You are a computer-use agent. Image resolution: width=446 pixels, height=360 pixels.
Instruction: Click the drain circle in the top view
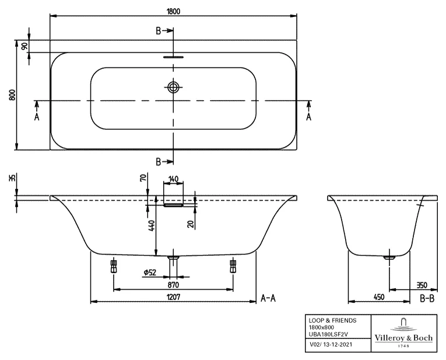coord(173,88)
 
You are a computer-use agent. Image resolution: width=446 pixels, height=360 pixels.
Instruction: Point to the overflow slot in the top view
coord(173,57)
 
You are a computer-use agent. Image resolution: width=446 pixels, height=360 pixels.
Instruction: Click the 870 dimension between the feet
coord(173,285)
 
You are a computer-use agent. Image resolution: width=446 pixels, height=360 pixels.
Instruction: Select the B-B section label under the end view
coord(427,298)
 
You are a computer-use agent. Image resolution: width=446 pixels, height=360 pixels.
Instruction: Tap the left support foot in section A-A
coord(113,267)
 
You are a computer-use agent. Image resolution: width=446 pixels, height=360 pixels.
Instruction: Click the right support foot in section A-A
coord(233,267)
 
